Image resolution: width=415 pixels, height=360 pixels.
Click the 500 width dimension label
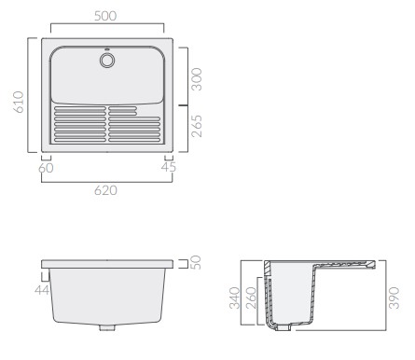coord(105,16)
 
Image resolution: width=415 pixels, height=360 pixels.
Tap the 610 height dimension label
coord(18,102)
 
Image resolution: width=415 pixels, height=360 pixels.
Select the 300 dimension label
coord(196,79)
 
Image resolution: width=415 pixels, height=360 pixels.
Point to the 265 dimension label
coord(196,126)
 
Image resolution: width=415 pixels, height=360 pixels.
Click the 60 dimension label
coord(46,168)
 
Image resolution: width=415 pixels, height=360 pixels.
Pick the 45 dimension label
coord(169,167)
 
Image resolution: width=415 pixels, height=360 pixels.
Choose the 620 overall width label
coord(105,190)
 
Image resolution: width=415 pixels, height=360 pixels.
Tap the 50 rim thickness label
coord(196,262)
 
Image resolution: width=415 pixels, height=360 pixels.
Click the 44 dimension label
coord(42,290)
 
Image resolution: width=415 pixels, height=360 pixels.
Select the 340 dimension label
coord(235,298)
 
